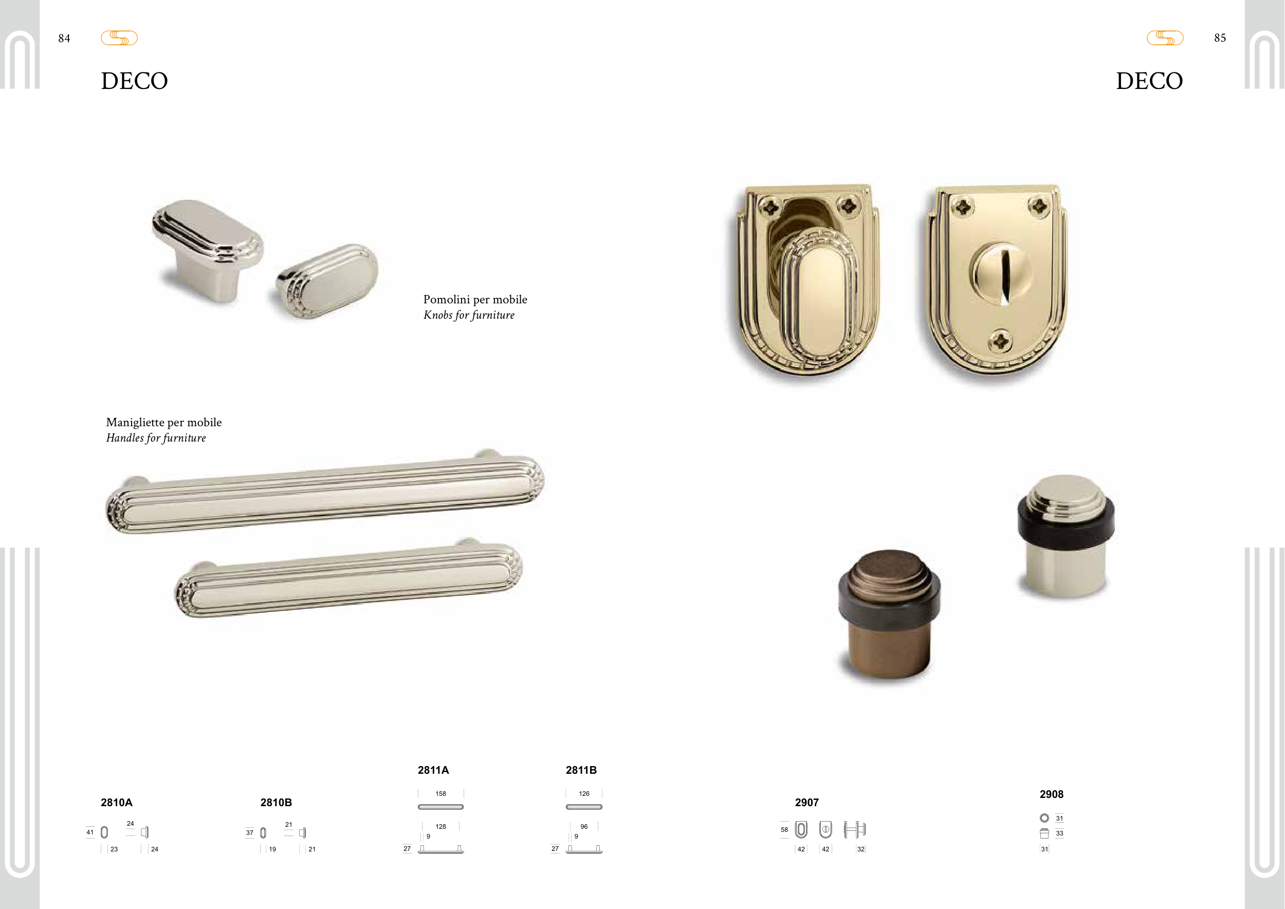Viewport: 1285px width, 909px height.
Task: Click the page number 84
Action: (64, 39)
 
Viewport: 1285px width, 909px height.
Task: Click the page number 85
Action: (1220, 38)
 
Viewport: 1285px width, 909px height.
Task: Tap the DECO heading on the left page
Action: (134, 81)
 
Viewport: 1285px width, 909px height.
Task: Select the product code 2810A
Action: (116, 803)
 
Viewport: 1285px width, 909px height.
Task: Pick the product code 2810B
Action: (276, 803)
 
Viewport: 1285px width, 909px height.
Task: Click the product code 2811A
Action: (433, 770)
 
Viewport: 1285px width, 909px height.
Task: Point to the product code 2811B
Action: (581, 770)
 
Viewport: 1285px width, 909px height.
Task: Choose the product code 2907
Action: (806, 803)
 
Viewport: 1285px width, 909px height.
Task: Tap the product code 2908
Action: (1051, 794)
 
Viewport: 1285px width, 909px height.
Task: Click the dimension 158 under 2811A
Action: (440, 794)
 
